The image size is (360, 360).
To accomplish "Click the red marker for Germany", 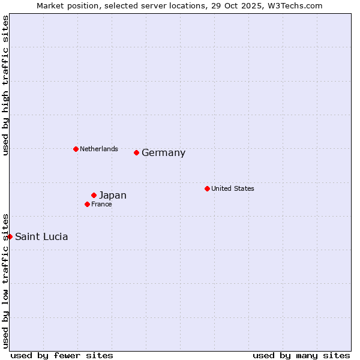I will click(x=137, y=152).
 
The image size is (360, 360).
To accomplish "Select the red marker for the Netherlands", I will click(x=76, y=149).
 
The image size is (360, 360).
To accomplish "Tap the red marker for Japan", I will click(x=94, y=195).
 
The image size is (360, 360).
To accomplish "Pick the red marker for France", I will click(x=88, y=204).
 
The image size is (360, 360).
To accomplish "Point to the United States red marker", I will click(x=207, y=188).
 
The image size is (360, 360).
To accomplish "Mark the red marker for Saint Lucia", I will click(x=10, y=236).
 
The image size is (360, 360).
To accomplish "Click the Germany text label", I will click(x=163, y=153).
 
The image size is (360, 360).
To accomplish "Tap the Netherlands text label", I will click(x=99, y=149).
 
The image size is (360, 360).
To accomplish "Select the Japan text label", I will click(x=113, y=196).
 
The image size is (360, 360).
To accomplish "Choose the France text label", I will click(x=101, y=204).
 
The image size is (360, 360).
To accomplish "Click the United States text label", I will click(x=233, y=188).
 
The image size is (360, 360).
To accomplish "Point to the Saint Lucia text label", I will click(x=41, y=237).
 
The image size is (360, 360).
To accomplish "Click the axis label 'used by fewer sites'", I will click(x=62, y=355).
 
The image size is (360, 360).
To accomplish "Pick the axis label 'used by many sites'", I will click(x=301, y=355).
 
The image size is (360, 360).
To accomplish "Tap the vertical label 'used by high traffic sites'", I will click(x=5, y=85).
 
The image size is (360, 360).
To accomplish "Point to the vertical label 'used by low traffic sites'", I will click(x=5, y=281).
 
